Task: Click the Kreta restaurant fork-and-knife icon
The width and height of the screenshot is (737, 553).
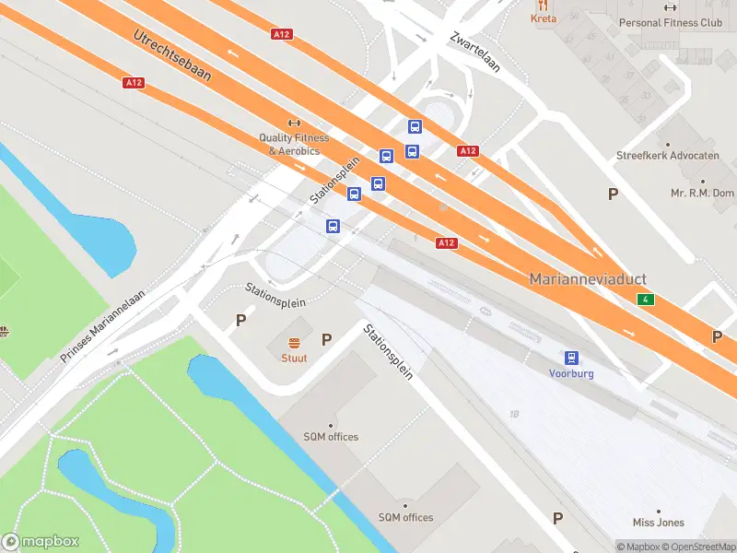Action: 544,4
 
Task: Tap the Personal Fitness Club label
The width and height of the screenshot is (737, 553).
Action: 671,23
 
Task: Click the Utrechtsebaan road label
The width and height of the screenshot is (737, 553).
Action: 172,55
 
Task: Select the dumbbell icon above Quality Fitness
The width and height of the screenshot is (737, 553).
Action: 294,123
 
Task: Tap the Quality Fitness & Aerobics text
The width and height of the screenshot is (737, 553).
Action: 294,145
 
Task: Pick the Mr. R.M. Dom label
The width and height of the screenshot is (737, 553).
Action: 702,194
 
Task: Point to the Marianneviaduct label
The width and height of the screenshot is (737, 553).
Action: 588,279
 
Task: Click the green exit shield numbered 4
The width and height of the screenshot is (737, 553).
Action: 648,300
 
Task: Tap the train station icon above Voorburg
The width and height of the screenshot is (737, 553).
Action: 571,358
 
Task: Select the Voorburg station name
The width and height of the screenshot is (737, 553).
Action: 571,374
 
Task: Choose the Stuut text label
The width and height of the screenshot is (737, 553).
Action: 294,359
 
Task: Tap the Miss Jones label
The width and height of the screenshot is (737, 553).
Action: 659,523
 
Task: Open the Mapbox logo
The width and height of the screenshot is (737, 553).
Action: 41,542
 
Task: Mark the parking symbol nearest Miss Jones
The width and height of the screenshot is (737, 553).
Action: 557,518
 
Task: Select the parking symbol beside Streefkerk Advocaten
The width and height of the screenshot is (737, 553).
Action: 613,194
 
